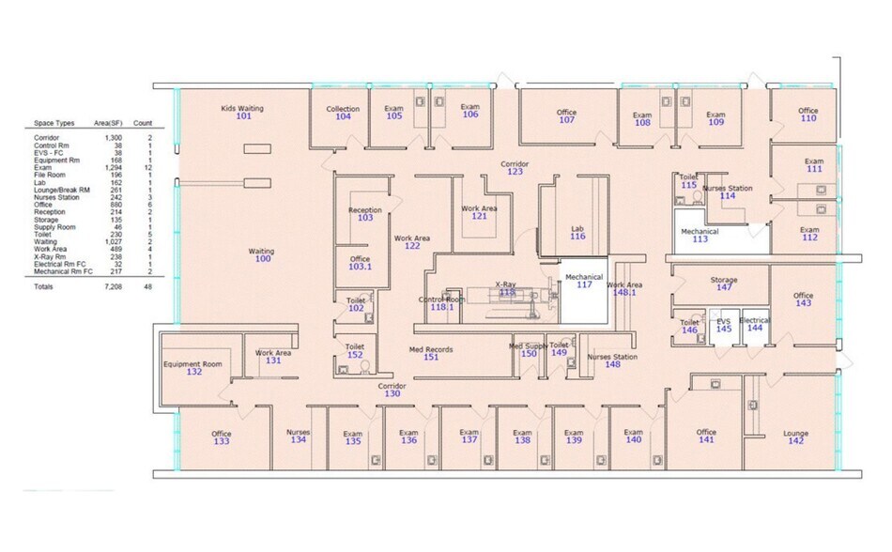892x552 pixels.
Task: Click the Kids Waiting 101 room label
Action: (x=243, y=113)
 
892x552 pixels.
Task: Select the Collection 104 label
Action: (x=343, y=114)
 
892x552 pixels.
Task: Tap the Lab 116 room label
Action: (x=577, y=232)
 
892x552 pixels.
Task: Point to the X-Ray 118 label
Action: (x=507, y=289)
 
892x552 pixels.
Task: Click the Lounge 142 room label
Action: (x=795, y=438)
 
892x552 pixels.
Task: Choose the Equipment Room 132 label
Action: (x=193, y=368)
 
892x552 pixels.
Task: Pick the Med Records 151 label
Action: (x=431, y=354)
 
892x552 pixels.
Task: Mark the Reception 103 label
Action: (x=365, y=214)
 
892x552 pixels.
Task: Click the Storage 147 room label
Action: (x=724, y=284)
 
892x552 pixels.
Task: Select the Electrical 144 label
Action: (x=754, y=325)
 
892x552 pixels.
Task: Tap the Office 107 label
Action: (x=566, y=116)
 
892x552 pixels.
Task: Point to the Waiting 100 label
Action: (x=261, y=255)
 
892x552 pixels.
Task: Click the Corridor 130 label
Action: (x=392, y=391)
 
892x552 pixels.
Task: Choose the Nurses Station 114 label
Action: (x=727, y=192)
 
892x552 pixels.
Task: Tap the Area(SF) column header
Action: (x=110, y=123)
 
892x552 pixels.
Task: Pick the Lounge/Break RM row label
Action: (x=62, y=191)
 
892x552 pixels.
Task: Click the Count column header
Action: (x=143, y=123)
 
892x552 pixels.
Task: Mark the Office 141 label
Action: (x=706, y=437)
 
